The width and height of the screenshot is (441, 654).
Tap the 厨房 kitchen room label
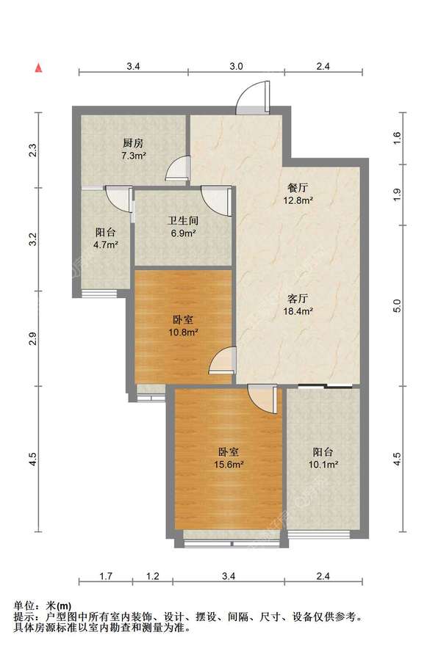pyautogui.click(x=133, y=144)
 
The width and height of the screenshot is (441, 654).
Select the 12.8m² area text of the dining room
pyautogui.click(x=300, y=200)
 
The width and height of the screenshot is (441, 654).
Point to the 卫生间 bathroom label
pyautogui.click(x=182, y=220)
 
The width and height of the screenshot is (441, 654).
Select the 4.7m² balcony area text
pyautogui.click(x=105, y=245)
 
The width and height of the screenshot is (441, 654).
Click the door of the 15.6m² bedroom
pyautogui.click(x=261, y=399)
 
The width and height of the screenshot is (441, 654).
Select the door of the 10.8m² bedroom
pyautogui.click(x=222, y=360)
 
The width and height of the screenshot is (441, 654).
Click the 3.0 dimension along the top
pyautogui.click(x=235, y=66)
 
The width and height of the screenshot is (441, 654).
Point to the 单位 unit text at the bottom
pyautogui.click(x=26, y=606)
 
